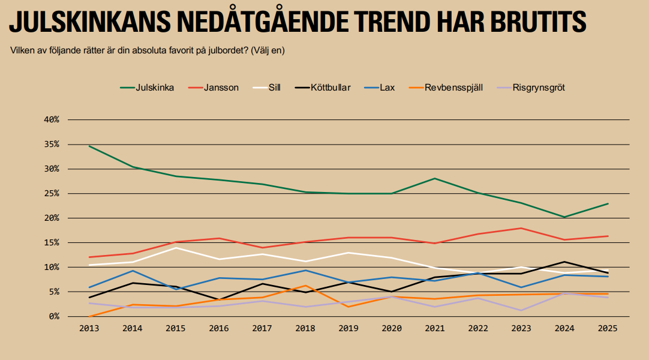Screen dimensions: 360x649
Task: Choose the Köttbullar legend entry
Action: click(x=330, y=88)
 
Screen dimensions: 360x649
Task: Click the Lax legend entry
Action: click(x=387, y=88)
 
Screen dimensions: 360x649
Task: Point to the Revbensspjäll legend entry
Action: click(x=453, y=88)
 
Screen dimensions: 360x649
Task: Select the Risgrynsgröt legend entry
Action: click(x=539, y=88)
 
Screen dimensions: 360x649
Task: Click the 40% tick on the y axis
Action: click(x=52, y=120)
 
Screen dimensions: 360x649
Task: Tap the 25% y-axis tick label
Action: click(x=52, y=194)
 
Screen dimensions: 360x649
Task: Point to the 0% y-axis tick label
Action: click(x=54, y=316)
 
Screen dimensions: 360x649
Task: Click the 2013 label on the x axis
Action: click(x=89, y=328)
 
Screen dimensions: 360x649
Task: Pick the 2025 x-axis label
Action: click(x=608, y=328)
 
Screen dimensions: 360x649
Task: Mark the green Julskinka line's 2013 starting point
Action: click(x=89, y=146)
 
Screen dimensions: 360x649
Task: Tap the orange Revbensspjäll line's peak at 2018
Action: click(x=306, y=286)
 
